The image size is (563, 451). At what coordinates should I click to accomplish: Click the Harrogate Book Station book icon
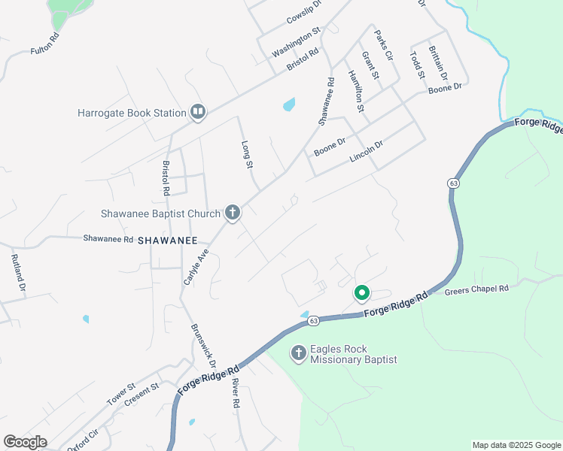pyautogui.click(x=198, y=113)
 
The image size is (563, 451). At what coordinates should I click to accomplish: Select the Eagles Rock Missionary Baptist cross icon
pyautogui.click(x=298, y=353)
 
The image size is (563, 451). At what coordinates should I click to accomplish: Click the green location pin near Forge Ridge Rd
pyautogui.click(x=361, y=293)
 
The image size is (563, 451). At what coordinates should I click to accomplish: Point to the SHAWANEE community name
pyautogui.click(x=167, y=240)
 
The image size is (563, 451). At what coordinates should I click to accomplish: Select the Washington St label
pyautogui.click(x=297, y=41)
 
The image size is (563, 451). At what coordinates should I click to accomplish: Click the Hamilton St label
pyautogui.click(x=356, y=91)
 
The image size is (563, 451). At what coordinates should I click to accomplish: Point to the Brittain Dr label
pyautogui.click(x=437, y=63)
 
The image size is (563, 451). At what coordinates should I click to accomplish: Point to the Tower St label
pyautogui.click(x=120, y=393)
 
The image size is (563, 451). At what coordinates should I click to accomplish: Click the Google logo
pyautogui.click(x=25, y=442)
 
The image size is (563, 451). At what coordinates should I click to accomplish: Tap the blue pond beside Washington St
pyautogui.click(x=288, y=104)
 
